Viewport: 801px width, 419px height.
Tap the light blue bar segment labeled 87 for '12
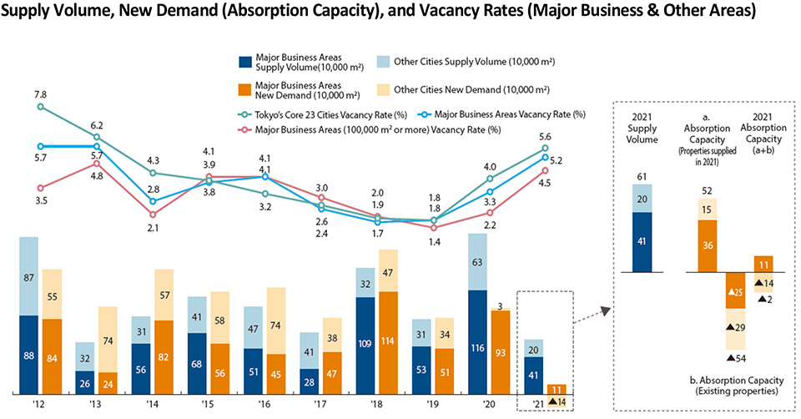pyautogui.click(x=30, y=276)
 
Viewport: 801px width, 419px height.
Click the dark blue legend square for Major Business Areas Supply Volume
pyautogui.click(x=244, y=62)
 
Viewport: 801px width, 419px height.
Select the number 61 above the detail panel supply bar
pyautogui.click(x=642, y=174)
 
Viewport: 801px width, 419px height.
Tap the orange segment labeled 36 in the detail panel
pyautogui.click(x=707, y=246)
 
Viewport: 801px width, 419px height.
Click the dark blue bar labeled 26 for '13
pyautogui.click(x=84, y=383)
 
